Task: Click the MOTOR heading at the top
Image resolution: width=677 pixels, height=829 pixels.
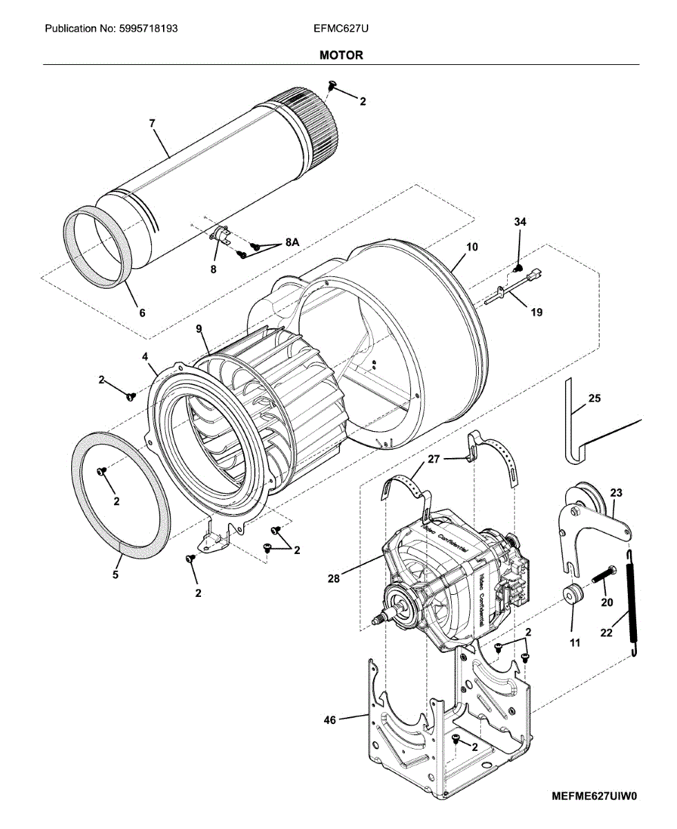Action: pos(341,55)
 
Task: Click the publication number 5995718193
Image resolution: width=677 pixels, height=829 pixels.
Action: pos(111,29)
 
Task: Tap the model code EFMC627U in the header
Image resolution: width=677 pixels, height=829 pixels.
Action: pos(337,29)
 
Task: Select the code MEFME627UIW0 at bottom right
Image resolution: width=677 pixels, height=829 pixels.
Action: pos(594,795)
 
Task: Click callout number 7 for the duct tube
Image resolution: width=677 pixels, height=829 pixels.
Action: pos(152,123)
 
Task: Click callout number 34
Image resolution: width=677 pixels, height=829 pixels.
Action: pos(519,222)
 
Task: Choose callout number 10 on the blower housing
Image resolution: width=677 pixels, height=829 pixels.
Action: pos(472,247)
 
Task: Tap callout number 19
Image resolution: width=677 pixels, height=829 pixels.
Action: pos(536,312)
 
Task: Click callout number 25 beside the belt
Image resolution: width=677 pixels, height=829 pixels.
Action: pos(594,398)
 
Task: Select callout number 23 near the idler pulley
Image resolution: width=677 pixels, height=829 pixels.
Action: pos(616,493)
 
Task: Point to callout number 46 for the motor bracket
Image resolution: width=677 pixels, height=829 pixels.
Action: pos(330,721)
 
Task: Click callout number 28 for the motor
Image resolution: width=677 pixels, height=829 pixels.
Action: pos(334,579)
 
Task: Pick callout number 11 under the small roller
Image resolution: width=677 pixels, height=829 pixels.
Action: pos(575,642)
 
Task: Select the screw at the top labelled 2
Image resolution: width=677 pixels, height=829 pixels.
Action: pos(332,85)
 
